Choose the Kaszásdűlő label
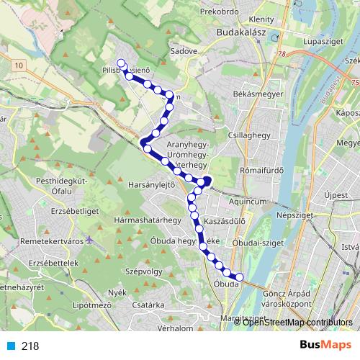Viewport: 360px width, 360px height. click(x=225, y=221)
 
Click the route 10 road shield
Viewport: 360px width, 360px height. click(x=17, y=66)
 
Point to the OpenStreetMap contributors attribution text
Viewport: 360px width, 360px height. click(x=298, y=322)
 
